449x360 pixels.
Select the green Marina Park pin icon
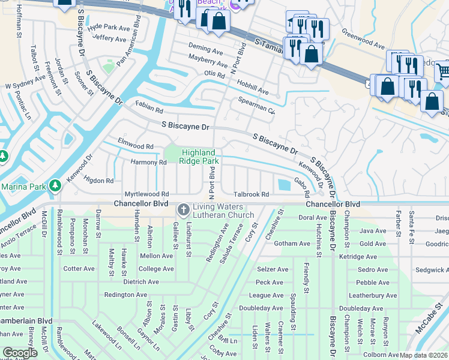55,185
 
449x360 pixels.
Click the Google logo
20,353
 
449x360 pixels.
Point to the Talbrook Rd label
251,194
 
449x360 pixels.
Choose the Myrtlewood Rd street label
146,194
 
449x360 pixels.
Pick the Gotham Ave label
290,244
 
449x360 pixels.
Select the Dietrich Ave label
140,281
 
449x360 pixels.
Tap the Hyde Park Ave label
109,28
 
